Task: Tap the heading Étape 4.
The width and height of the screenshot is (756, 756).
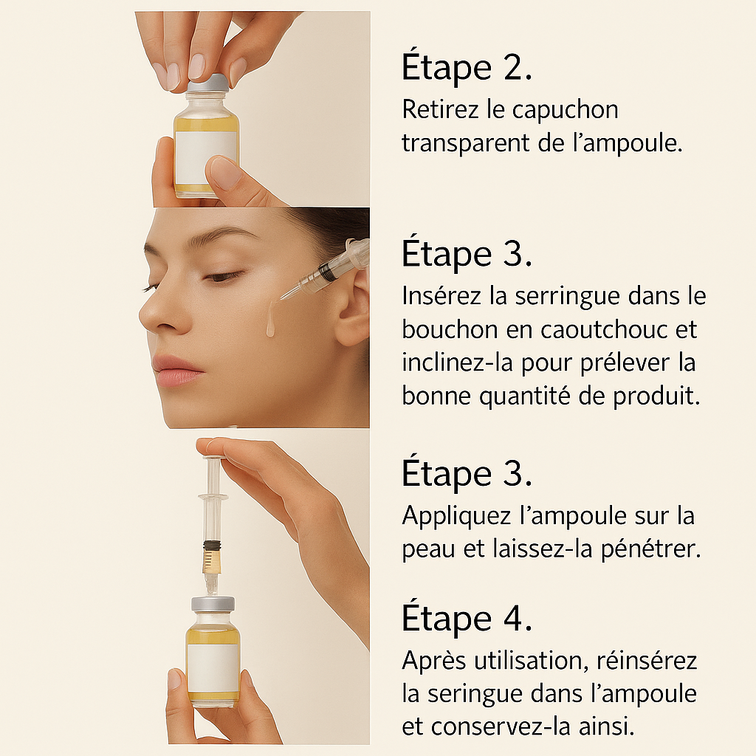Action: tap(467, 618)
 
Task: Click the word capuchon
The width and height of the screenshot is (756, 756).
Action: tap(565, 111)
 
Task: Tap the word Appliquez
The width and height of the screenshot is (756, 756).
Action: tap(456, 516)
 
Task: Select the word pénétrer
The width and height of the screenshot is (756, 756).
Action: tap(650, 549)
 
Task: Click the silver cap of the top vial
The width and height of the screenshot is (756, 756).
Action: tap(207, 84)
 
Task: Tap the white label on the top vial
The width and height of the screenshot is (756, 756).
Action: tap(206, 157)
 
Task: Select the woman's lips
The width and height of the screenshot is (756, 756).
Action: tap(177, 370)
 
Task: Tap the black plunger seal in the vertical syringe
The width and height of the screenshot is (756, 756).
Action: tap(212, 546)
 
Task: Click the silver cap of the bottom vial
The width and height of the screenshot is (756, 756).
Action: tap(213, 604)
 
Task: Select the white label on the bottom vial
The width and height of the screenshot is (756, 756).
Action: tap(213, 667)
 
